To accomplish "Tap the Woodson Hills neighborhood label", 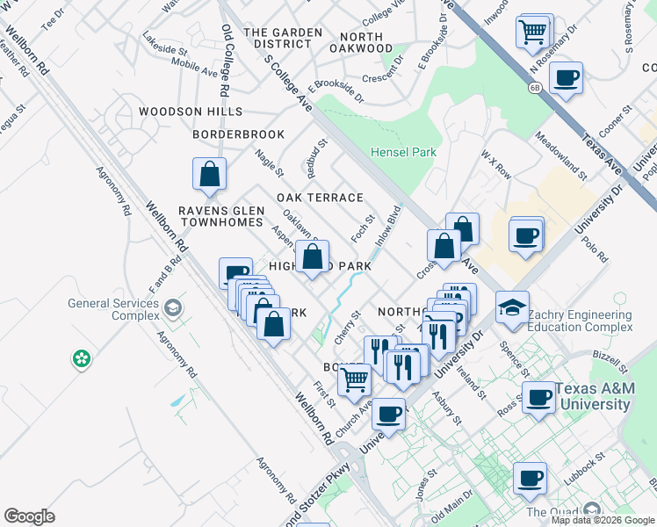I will (190, 112).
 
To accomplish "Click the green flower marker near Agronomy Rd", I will (81, 358).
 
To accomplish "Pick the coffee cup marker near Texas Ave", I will (566, 77).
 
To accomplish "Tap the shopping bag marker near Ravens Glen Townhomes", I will (209, 173).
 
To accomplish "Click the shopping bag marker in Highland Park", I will (313, 256).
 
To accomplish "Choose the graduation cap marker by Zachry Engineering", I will (512, 307).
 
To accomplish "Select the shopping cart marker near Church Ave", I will (354, 379).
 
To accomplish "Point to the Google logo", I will (29, 516).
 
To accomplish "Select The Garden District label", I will (283, 39).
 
